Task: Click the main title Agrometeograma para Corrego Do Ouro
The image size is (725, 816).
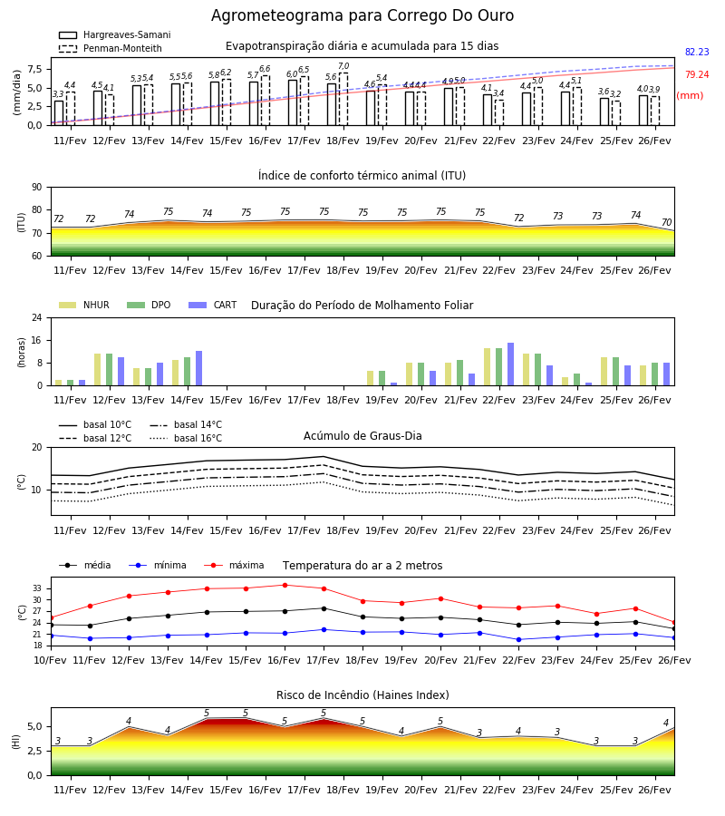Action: point(362,15)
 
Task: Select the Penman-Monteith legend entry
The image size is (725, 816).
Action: point(111,48)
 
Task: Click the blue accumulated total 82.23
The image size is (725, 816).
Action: point(697,52)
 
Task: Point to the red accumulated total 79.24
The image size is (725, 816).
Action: point(697,74)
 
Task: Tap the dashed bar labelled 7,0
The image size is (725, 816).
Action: point(343,99)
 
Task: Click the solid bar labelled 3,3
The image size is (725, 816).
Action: point(59,113)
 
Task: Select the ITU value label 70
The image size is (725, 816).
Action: point(666,222)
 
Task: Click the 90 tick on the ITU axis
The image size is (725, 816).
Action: point(37,187)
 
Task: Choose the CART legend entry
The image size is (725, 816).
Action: point(213,305)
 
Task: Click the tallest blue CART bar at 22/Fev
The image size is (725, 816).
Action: point(511,364)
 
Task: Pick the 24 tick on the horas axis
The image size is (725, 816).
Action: point(37,317)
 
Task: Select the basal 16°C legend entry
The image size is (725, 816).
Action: point(186,438)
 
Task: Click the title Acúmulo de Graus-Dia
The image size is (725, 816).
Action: point(362,435)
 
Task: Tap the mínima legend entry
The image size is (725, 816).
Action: point(158,565)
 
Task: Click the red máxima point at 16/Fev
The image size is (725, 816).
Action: point(285,585)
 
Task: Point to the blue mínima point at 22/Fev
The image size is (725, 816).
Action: point(518,639)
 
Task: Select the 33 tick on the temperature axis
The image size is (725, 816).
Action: point(37,588)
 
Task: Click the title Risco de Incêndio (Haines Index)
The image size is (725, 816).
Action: point(362,695)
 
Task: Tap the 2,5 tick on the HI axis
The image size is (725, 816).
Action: point(35,751)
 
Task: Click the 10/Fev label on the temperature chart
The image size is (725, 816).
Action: point(51,660)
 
